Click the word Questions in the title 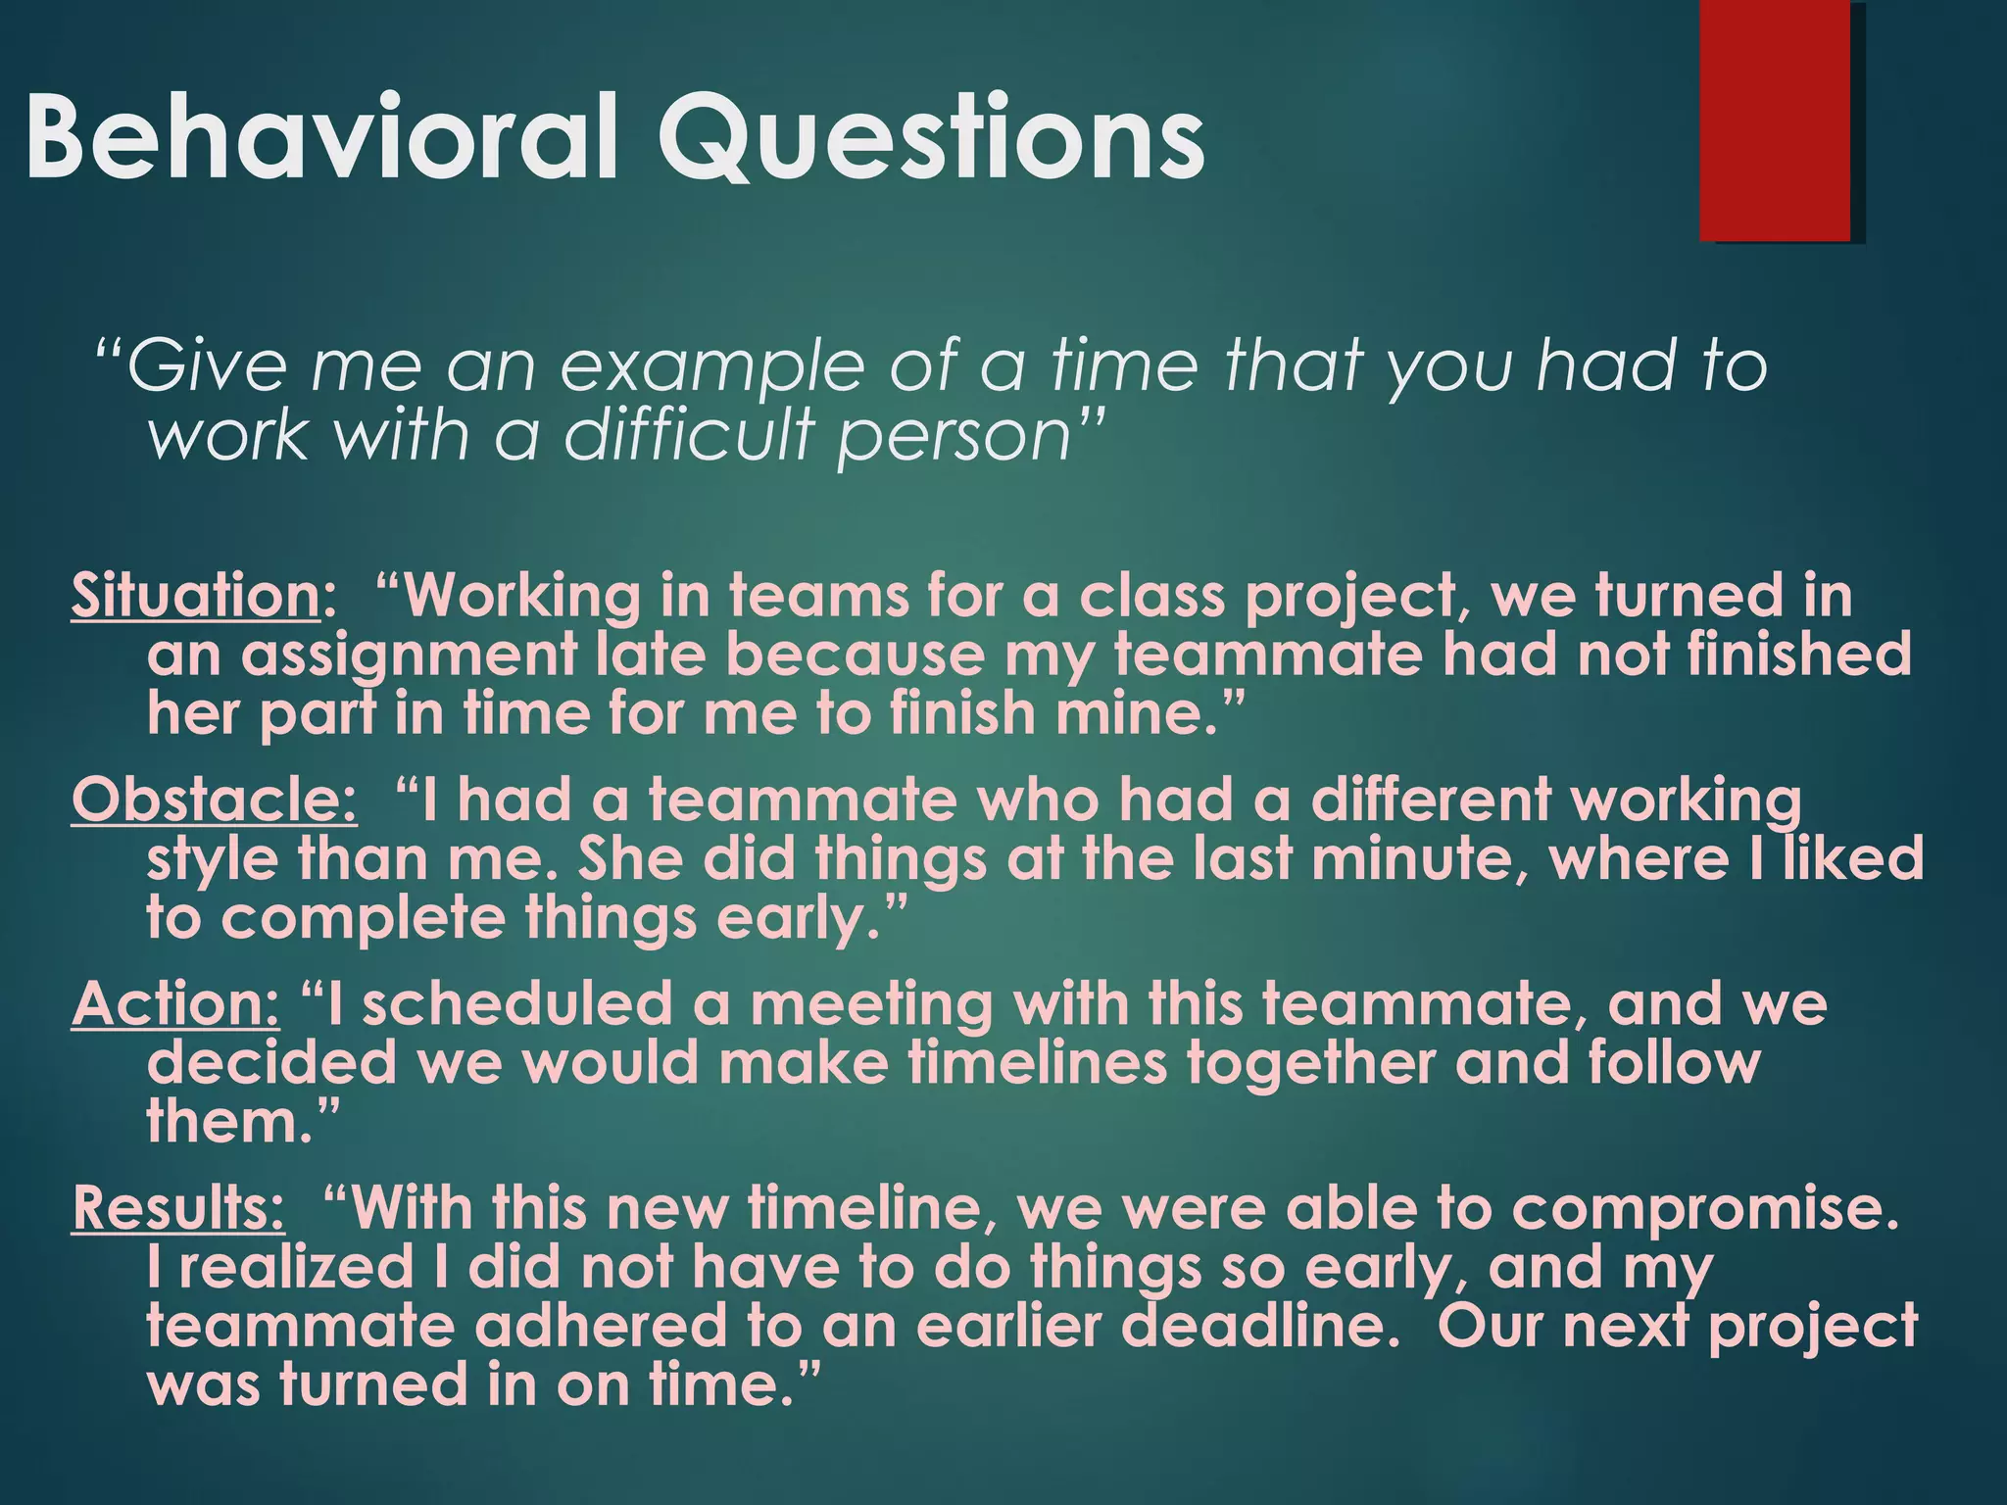click(931, 137)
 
